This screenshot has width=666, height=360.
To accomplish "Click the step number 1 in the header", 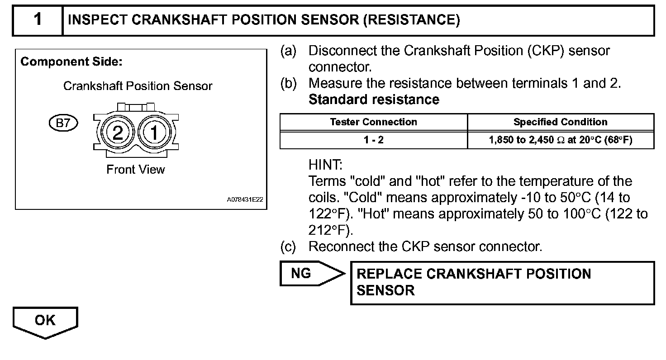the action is click(x=38, y=20).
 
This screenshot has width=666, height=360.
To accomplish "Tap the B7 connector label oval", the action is click(x=63, y=123).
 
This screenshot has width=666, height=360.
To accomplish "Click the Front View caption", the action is click(x=136, y=170).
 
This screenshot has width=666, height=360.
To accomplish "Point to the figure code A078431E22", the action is click(x=245, y=199).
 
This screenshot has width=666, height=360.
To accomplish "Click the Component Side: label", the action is click(x=71, y=62).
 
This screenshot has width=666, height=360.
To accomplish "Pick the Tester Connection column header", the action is click(x=374, y=122).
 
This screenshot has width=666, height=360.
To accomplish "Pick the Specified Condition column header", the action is click(x=561, y=122).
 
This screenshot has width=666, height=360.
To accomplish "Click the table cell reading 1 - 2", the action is click(x=374, y=140).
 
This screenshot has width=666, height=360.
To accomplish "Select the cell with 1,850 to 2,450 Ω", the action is click(x=561, y=140).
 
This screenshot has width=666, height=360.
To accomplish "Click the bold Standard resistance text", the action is click(x=374, y=99).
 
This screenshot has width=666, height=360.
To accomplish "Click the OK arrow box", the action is click(x=45, y=321).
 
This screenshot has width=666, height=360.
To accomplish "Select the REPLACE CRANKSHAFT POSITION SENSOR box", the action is click(x=502, y=282).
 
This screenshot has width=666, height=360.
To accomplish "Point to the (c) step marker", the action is click(x=288, y=247).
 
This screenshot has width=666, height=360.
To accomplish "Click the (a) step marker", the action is click(x=288, y=51).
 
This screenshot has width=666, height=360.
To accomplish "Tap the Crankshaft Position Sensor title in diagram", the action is click(x=138, y=86).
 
